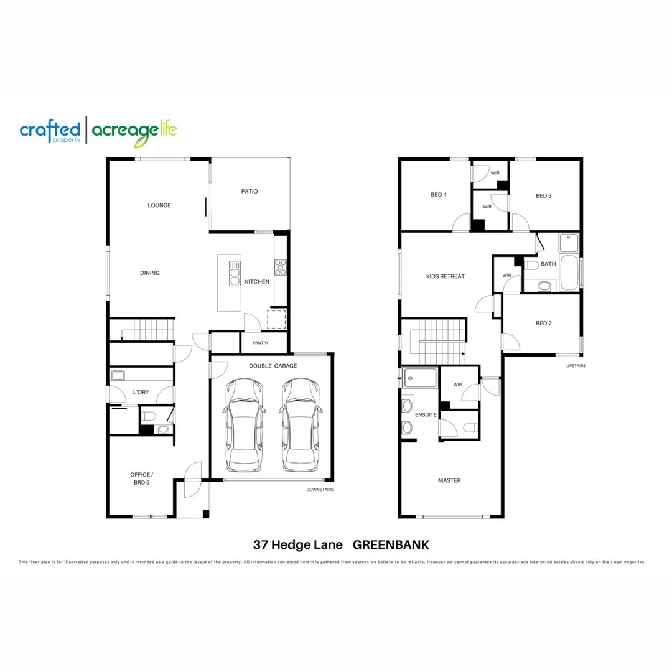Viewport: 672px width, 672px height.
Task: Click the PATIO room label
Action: (250, 192)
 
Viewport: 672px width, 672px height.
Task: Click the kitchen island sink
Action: (235, 273)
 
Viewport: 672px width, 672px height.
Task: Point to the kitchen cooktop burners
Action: (281, 267)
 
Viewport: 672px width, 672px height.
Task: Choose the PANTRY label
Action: (261, 343)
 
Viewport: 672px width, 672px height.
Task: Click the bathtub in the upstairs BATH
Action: (569, 272)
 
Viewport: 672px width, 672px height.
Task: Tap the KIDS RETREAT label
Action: (445, 276)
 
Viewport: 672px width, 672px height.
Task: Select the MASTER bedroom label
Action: (449, 480)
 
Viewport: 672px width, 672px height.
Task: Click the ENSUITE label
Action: (426, 414)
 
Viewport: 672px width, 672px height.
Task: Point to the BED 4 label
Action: (439, 195)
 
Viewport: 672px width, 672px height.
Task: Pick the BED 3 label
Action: (544, 196)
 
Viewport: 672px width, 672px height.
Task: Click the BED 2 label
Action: (544, 324)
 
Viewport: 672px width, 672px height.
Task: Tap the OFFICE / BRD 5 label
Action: (141, 478)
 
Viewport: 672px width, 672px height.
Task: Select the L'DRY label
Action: (141, 392)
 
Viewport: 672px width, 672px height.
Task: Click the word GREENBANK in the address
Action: (391, 545)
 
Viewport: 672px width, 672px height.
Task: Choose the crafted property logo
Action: (50, 131)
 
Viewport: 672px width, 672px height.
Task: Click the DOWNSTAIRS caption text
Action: (320, 490)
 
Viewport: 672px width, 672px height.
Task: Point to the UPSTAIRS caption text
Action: (576, 366)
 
